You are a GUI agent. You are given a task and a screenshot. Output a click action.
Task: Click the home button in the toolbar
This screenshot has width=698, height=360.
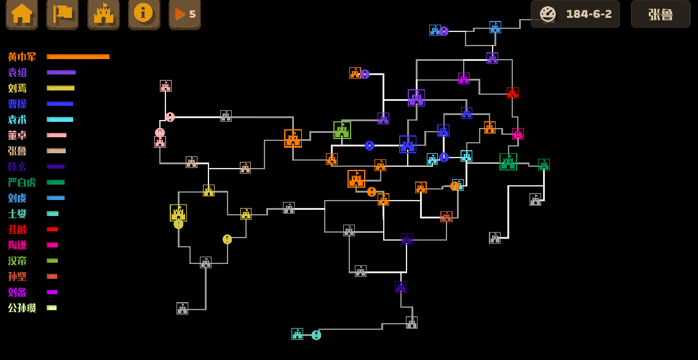pos(22,14)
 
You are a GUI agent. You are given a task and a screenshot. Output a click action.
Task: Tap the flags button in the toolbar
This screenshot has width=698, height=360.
pos(62,14)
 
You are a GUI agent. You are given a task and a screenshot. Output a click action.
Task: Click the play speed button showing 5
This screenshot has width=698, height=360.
pos(184,14)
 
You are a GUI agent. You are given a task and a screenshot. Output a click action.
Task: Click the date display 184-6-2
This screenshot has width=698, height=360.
pos(575,14)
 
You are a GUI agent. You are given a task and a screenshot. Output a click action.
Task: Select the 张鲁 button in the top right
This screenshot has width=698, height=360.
pos(660,14)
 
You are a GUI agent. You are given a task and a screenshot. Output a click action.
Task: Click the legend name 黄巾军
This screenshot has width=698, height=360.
pos(22,57)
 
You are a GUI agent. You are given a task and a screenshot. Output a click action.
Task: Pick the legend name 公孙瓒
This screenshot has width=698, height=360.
pos(22,308)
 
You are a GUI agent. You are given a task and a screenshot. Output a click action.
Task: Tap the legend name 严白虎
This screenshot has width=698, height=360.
pos(22,183)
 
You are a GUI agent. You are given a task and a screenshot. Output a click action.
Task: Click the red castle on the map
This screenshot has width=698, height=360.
pos(512,93)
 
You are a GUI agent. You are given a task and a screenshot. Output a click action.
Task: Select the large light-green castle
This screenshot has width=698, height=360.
pos(342,130)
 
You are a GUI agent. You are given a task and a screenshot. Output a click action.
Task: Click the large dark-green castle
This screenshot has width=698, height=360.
pos(508,162)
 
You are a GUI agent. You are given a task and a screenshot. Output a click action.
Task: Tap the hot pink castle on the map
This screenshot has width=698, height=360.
pos(518,134)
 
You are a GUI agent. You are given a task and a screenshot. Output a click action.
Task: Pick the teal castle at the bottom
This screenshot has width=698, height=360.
pos(297,334)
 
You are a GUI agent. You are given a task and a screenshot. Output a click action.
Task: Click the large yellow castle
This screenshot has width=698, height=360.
pos(178,213)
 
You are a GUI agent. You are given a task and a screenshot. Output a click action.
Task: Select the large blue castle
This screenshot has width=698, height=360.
pos(408,144)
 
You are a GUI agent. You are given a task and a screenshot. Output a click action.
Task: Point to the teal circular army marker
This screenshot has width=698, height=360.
pos(316,335)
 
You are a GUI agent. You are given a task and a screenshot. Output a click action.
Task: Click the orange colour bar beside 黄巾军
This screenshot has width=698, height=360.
pos(78,57)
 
